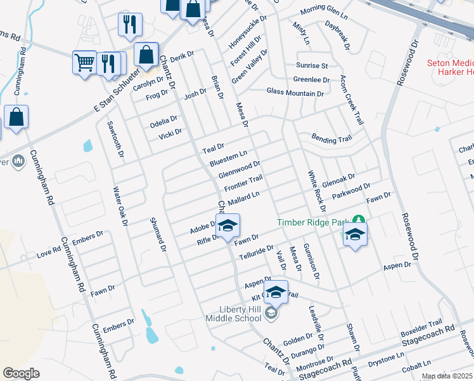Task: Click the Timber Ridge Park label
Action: pyautogui.click(x=313, y=222)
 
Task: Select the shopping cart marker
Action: pyautogui.click(x=84, y=62)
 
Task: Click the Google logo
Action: pyautogui.click(x=22, y=373)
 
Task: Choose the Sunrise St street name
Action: pyautogui.click(x=312, y=65)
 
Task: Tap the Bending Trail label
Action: pyautogui.click(x=331, y=138)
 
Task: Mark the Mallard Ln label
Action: pyautogui.click(x=244, y=198)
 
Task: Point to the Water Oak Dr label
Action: pyautogui.click(x=120, y=206)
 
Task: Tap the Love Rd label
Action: pyautogui.click(x=48, y=253)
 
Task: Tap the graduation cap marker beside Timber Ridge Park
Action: pyautogui.click(x=355, y=234)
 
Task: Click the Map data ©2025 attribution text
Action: pyautogui.click(x=447, y=376)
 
